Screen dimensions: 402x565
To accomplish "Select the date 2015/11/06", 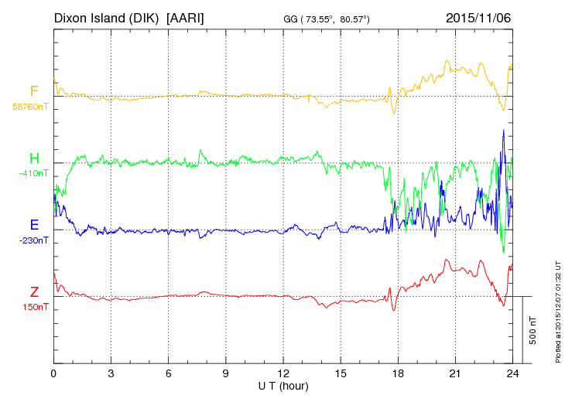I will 478,17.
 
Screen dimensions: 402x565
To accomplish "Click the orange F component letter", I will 34,92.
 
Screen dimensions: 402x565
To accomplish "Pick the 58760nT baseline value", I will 29,107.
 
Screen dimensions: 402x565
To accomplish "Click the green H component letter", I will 34,158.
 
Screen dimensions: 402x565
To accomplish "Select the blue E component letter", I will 34,225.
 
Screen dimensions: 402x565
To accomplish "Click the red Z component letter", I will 34,291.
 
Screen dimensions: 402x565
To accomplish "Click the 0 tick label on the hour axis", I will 53,373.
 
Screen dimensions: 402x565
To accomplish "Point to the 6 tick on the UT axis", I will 169,373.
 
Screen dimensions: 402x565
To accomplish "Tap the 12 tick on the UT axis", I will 283,373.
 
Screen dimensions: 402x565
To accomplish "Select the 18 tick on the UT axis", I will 399,373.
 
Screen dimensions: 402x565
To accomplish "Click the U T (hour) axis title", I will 283,385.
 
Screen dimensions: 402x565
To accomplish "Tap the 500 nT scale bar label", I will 533,330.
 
